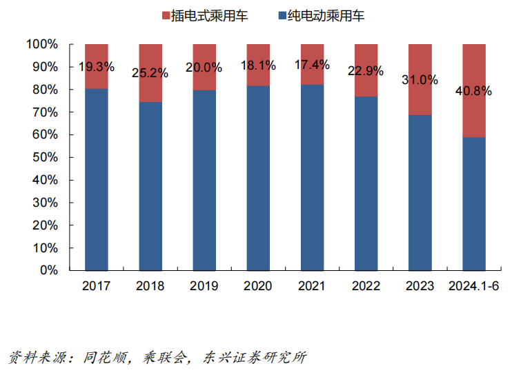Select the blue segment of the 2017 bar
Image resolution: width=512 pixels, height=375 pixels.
[x=97, y=179]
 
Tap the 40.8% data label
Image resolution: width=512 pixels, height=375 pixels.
[x=473, y=91]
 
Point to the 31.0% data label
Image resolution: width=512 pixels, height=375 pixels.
[x=420, y=79]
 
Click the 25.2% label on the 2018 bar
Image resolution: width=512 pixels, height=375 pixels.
[x=150, y=72]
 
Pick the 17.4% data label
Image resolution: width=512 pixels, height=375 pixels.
[x=312, y=65]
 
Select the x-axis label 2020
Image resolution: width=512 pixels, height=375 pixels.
[x=258, y=286]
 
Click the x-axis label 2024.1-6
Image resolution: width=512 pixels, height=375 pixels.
[x=473, y=286]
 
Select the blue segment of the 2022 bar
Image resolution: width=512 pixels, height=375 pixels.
[x=366, y=183]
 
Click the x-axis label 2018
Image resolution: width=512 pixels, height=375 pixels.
[x=150, y=286]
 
